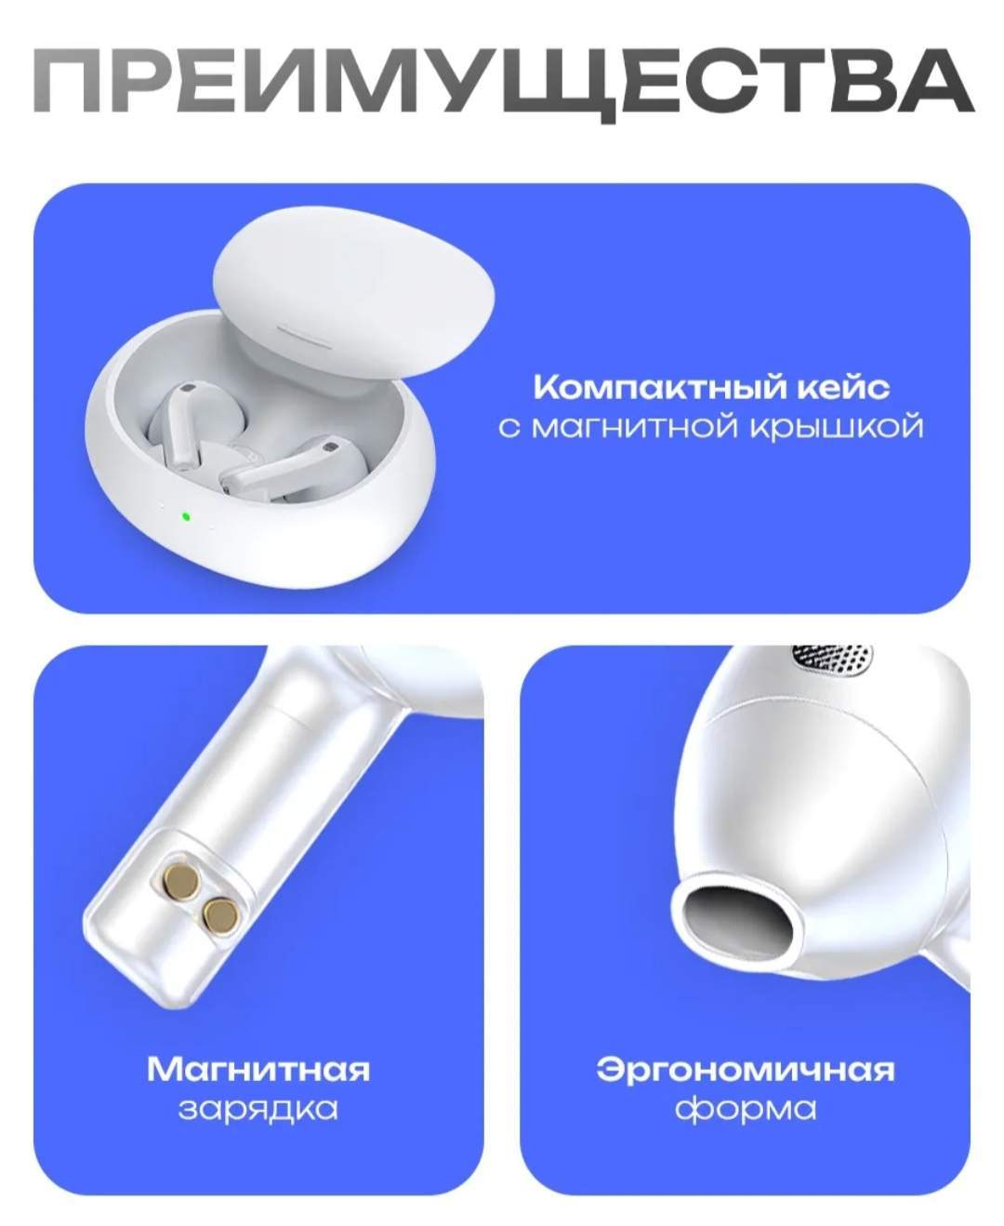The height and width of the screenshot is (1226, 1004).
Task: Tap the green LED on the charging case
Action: (x=186, y=515)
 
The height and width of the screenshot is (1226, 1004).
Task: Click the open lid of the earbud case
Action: (x=353, y=297)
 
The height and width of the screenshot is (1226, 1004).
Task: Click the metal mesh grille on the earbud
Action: (x=832, y=660)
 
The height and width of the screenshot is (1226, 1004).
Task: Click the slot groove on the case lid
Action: (x=305, y=337)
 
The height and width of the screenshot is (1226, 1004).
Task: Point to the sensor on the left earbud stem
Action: (x=188, y=388)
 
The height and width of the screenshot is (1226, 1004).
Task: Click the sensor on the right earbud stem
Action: (x=332, y=447)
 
